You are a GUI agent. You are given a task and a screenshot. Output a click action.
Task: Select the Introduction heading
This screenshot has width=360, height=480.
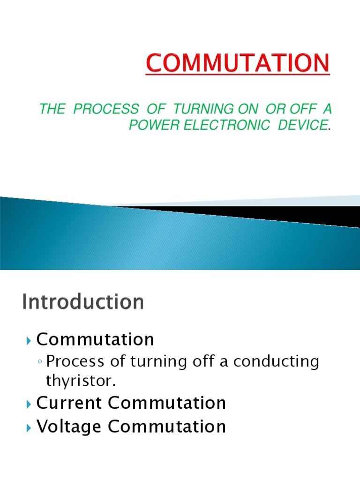pyautogui.click(x=83, y=302)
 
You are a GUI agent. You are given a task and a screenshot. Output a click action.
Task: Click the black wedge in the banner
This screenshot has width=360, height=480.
pyautogui.click(x=281, y=215)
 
